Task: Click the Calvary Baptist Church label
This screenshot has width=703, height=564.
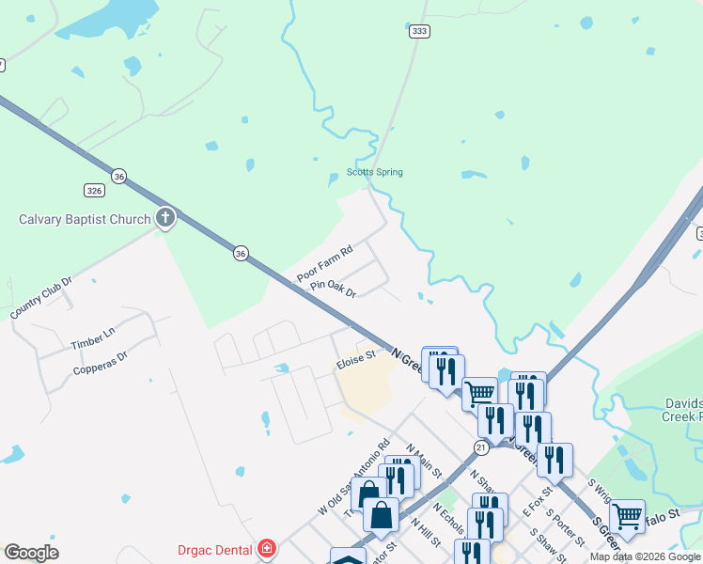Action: [85, 220]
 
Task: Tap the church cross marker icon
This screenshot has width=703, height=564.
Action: [165, 219]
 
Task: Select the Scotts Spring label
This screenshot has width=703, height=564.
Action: [374, 172]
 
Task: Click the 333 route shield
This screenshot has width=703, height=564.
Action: [419, 31]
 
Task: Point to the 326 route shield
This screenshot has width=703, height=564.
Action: [94, 190]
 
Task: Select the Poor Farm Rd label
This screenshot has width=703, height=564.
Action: [324, 264]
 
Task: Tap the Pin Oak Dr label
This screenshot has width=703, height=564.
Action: [334, 287]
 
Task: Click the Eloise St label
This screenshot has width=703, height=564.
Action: [356, 357]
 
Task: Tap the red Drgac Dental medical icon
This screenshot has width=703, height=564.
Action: [267, 547]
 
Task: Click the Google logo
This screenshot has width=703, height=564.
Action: [31, 553]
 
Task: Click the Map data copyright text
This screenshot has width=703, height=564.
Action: [645, 556]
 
